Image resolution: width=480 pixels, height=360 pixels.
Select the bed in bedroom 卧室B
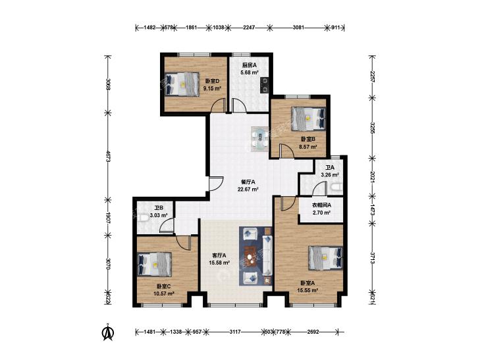[308, 118]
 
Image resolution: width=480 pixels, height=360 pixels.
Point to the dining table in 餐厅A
[259, 139]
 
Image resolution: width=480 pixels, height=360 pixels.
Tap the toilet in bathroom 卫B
[141, 218]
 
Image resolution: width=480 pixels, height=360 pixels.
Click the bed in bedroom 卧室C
[154, 264]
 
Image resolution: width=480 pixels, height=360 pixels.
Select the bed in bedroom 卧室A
[325, 258]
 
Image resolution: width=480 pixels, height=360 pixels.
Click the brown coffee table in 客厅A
[252, 256]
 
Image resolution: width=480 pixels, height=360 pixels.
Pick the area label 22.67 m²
[248, 189]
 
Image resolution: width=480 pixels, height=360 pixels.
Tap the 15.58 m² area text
[219, 263]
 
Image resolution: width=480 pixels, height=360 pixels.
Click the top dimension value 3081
[298, 28]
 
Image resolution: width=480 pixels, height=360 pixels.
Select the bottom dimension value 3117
[236, 332]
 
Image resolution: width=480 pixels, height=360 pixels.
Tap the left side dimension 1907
[108, 217]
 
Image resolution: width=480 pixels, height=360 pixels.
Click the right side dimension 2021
[372, 177]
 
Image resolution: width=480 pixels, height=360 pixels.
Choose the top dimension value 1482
[149, 28]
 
